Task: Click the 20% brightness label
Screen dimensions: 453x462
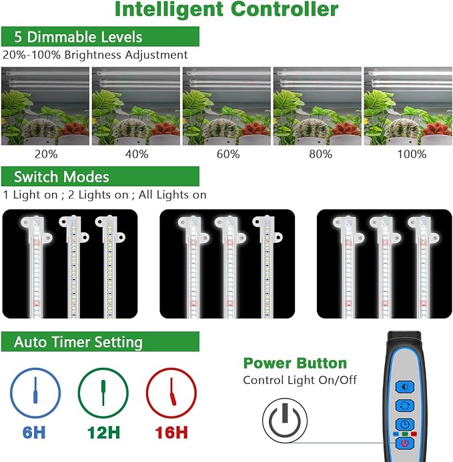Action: [46, 154]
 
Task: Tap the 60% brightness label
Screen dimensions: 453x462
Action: [228, 154]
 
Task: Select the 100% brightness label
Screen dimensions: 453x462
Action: [412, 154]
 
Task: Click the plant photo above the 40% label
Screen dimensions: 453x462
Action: [136, 106]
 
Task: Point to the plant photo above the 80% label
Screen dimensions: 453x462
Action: [318, 106]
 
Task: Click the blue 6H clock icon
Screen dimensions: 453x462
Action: [35, 393]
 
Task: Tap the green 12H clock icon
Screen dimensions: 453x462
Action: [103, 393]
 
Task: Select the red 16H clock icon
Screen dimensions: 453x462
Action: [171, 393]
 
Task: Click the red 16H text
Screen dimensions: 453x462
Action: [171, 433]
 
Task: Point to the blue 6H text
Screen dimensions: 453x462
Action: [34, 433]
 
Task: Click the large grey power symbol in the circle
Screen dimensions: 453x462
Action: [285, 420]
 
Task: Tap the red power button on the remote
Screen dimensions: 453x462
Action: [405, 443]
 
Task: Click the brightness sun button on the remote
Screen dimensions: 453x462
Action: [405, 387]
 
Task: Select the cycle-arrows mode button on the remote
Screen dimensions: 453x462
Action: [405, 406]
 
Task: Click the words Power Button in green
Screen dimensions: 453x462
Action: [295, 363]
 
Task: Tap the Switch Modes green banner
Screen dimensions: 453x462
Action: [100, 176]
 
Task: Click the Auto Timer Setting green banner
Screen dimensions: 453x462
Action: [100, 342]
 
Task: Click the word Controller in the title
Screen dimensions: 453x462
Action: [285, 9]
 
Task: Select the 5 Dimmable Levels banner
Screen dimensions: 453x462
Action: [100, 37]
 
